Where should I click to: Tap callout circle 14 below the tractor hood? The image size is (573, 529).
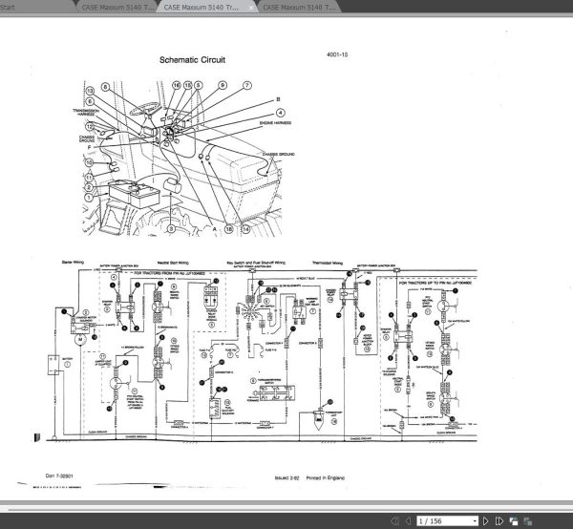click(x=246, y=230)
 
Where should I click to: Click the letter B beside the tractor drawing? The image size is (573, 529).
click(x=278, y=99)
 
